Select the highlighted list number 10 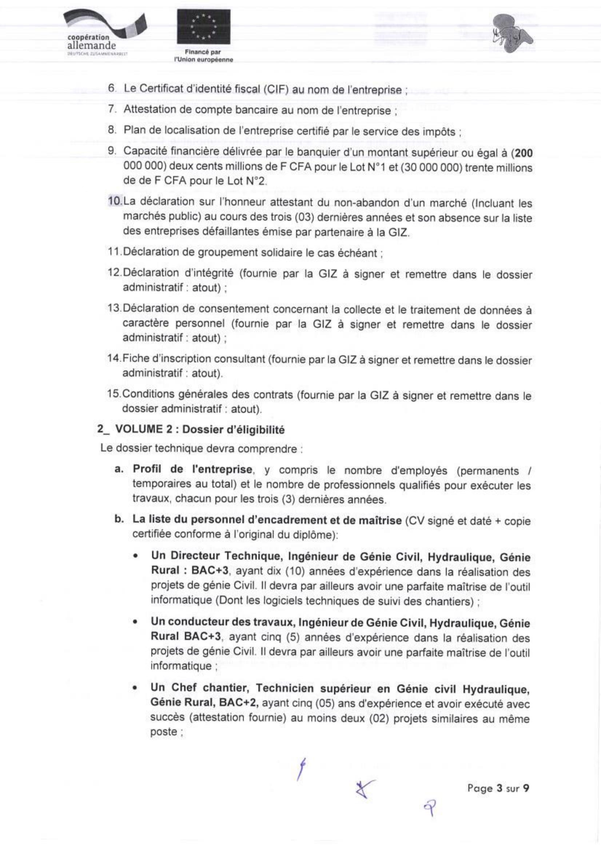coord(115,202)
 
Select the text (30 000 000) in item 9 coord(430,168)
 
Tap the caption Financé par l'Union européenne coord(203,56)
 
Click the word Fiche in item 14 coord(135,359)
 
